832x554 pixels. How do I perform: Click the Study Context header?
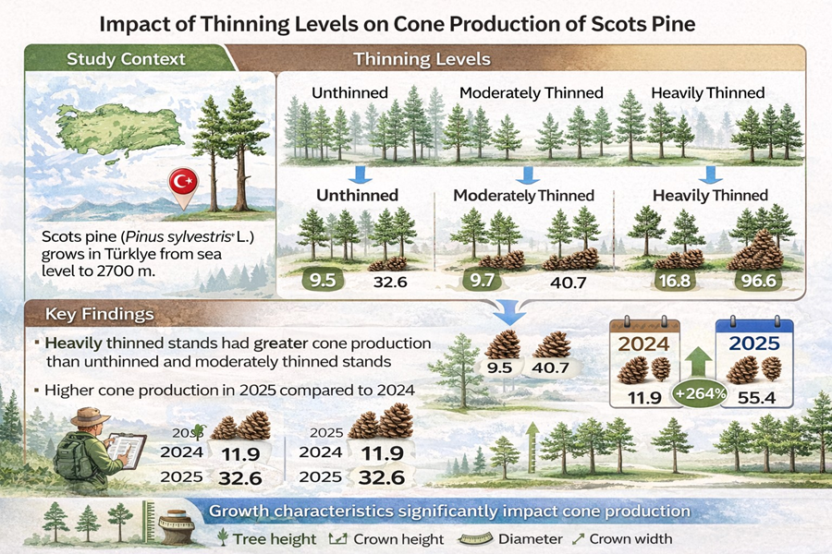[x=126, y=59]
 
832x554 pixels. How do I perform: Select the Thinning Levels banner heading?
[x=422, y=59]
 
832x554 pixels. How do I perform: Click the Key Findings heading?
[x=103, y=314]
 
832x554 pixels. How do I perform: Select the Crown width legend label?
[x=630, y=538]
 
